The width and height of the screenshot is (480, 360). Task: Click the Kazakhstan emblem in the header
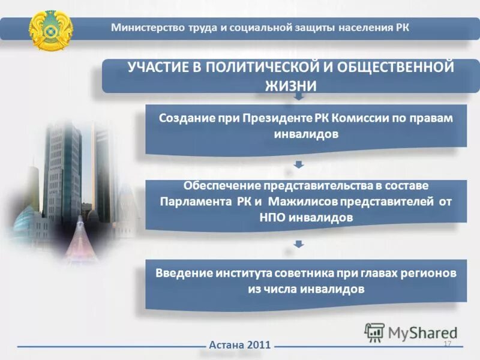[x=51, y=29]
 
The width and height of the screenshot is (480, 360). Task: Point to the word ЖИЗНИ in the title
[x=290, y=86]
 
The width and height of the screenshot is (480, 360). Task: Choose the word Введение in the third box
[x=180, y=273]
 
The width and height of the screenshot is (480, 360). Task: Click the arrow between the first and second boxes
[x=299, y=164]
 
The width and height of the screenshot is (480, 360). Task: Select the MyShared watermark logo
[x=411, y=332]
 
